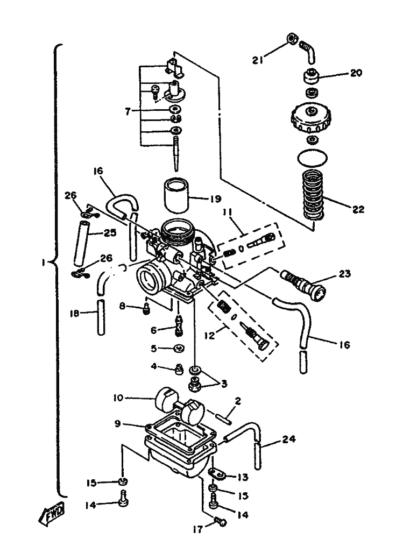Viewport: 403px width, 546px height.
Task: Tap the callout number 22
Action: (x=358, y=209)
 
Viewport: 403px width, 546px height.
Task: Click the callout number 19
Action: (x=215, y=199)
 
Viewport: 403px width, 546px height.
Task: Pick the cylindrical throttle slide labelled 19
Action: (x=176, y=195)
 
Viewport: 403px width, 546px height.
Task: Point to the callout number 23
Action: (x=344, y=274)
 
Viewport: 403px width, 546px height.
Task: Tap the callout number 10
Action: (x=118, y=398)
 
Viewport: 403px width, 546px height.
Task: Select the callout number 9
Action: (x=117, y=424)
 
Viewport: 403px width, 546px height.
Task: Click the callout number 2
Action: (x=238, y=401)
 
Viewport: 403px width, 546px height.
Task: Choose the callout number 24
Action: (x=289, y=439)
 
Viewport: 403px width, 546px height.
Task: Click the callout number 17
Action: (x=198, y=530)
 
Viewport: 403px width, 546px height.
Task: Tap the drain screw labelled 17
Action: (x=219, y=521)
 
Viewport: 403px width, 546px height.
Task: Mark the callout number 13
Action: (x=243, y=477)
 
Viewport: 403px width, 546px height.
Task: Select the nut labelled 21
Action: (x=292, y=39)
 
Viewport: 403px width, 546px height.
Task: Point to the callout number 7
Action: (x=128, y=111)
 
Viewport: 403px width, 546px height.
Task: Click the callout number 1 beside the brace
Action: (x=44, y=263)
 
